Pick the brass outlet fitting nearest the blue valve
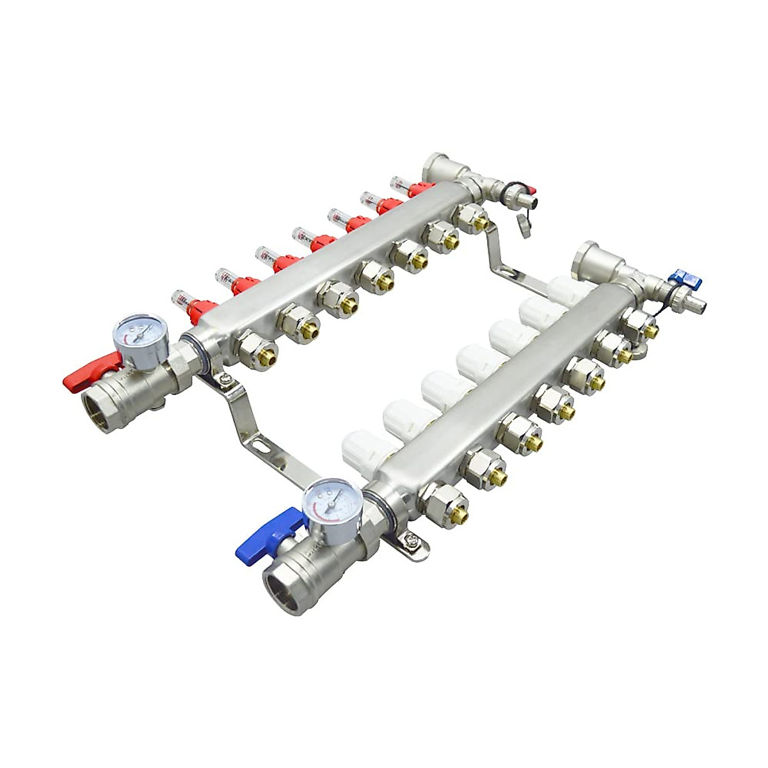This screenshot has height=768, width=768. [445, 501]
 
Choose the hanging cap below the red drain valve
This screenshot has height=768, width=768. [524, 227]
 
